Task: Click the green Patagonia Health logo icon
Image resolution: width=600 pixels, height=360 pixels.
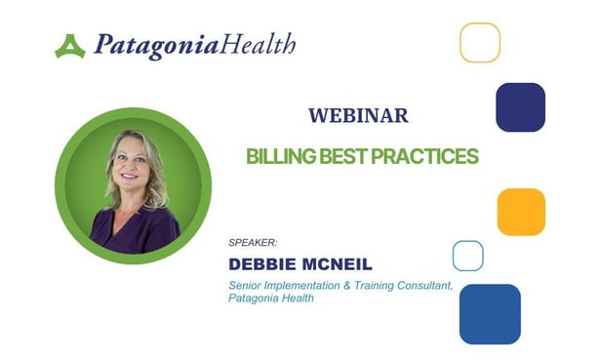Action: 70,46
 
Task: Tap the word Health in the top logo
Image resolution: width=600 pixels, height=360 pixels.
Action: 258,44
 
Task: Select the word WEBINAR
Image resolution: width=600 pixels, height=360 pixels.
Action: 358,115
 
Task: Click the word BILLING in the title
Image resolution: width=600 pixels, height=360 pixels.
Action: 276,155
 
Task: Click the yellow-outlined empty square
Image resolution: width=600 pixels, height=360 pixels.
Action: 480,42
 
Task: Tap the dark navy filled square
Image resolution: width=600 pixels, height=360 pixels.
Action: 520,107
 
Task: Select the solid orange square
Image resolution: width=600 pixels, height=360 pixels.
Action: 520,212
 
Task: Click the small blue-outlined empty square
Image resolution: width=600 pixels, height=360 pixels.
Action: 468,256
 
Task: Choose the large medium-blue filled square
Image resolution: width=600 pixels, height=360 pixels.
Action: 490,313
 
